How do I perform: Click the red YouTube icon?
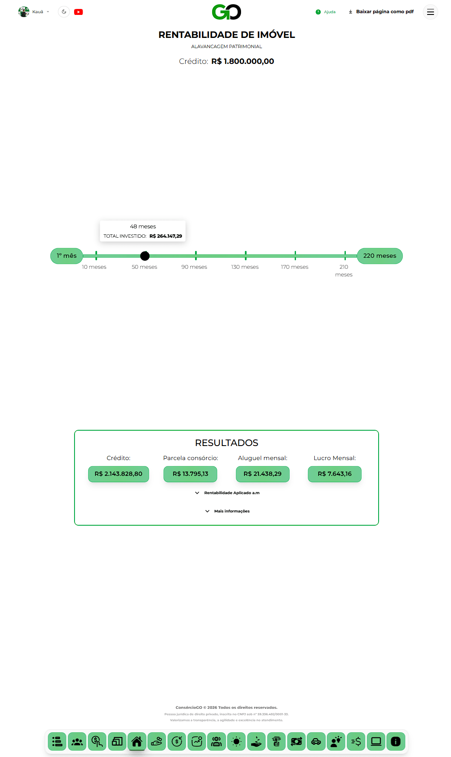click(78, 12)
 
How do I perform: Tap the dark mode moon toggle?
click(64, 12)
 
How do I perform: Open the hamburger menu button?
click(431, 12)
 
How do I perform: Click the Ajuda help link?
click(326, 12)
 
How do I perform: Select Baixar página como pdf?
click(381, 12)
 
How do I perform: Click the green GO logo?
click(227, 12)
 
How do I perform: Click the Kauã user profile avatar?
click(24, 12)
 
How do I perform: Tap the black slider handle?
click(145, 256)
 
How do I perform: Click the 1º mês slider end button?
click(67, 256)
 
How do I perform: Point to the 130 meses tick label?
click(245, 267)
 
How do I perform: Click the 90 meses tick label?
click(194, 267)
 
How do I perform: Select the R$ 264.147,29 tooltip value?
click(166, 236)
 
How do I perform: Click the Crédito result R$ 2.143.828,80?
click(118, 474)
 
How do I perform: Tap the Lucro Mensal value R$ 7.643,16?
click(335, 474)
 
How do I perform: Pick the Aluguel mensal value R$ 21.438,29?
click(263, 474)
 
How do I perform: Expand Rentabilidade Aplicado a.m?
click(227, 493)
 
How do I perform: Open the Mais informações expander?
click(227, 511)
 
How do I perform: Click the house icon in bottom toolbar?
click(137, 742)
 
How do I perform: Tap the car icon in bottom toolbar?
click(316, 742)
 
